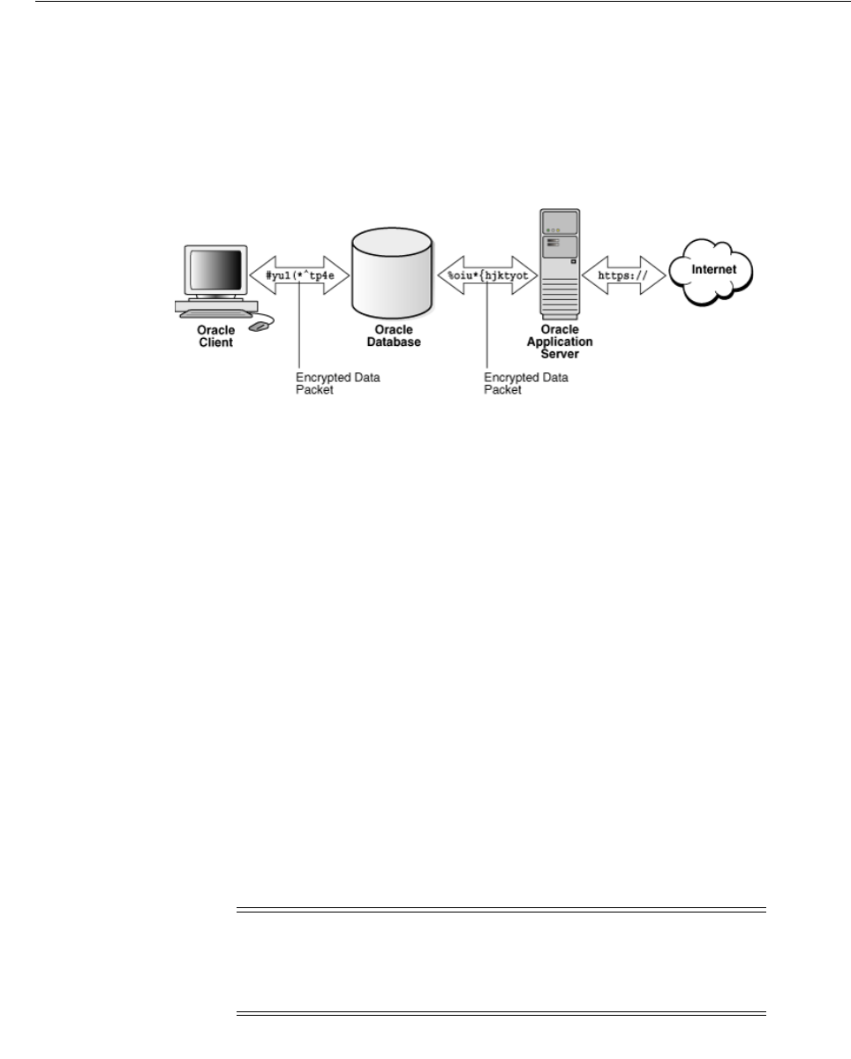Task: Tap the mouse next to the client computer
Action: pyautogui.click(x=259, y=327)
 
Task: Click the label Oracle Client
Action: pyautogui.click(x=215, y=337)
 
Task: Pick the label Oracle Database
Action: pyautogui.click(x=393, y=337)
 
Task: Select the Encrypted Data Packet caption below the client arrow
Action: pyautogui.click(x=338, y=382)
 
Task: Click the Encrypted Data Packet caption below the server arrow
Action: pyautogui.click(x=527, y=382)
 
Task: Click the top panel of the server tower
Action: pyautogui.click(x=560, y=222)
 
